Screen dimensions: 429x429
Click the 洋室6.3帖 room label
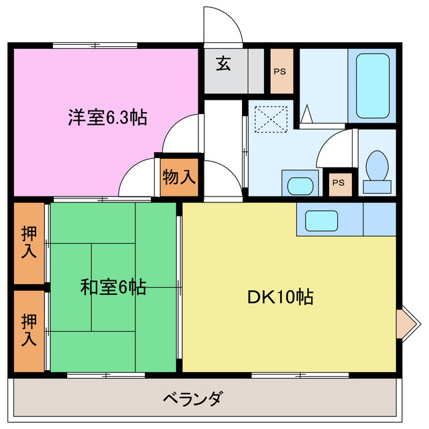tap(107, 118)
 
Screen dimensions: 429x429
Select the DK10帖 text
tap(281, 296)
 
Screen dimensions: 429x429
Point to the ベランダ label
tap(192, 398)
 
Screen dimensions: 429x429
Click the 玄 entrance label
tap(223, 64)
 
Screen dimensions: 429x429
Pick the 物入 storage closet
tap(179, 178)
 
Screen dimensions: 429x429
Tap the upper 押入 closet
tap(29, 242)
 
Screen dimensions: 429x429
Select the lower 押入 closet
tap(29, 330)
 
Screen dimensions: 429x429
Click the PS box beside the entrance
tap(282, 71)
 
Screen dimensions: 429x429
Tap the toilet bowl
tap(377, 170)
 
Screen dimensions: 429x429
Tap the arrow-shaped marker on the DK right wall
tap(404, 324)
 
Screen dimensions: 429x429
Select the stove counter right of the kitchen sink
tap(379, 218)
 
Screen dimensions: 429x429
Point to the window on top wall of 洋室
tap(95, 45)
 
